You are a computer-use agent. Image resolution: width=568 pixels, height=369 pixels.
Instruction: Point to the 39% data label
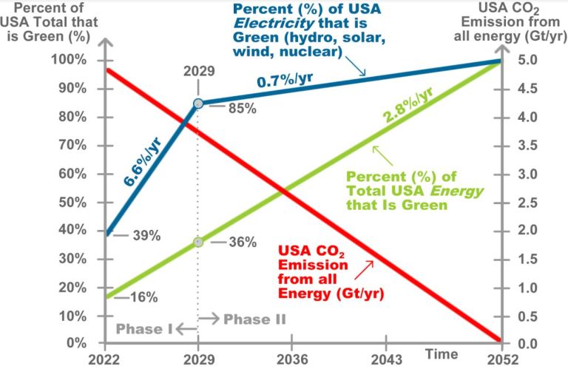[x=144, y=236]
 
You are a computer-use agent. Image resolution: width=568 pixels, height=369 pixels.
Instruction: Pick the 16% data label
[x=142, y=297]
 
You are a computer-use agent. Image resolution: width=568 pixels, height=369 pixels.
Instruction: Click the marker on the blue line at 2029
[x=198, y=104]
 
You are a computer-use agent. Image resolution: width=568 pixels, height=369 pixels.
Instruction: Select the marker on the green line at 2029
[x=198, y=242]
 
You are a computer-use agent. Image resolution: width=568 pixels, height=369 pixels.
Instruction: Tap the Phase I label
[x=142, y=328]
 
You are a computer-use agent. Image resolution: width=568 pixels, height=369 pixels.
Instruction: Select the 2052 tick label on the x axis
[x=500, y=359]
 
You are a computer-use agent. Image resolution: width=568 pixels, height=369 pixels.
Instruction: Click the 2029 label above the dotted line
[x=198, y=72]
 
